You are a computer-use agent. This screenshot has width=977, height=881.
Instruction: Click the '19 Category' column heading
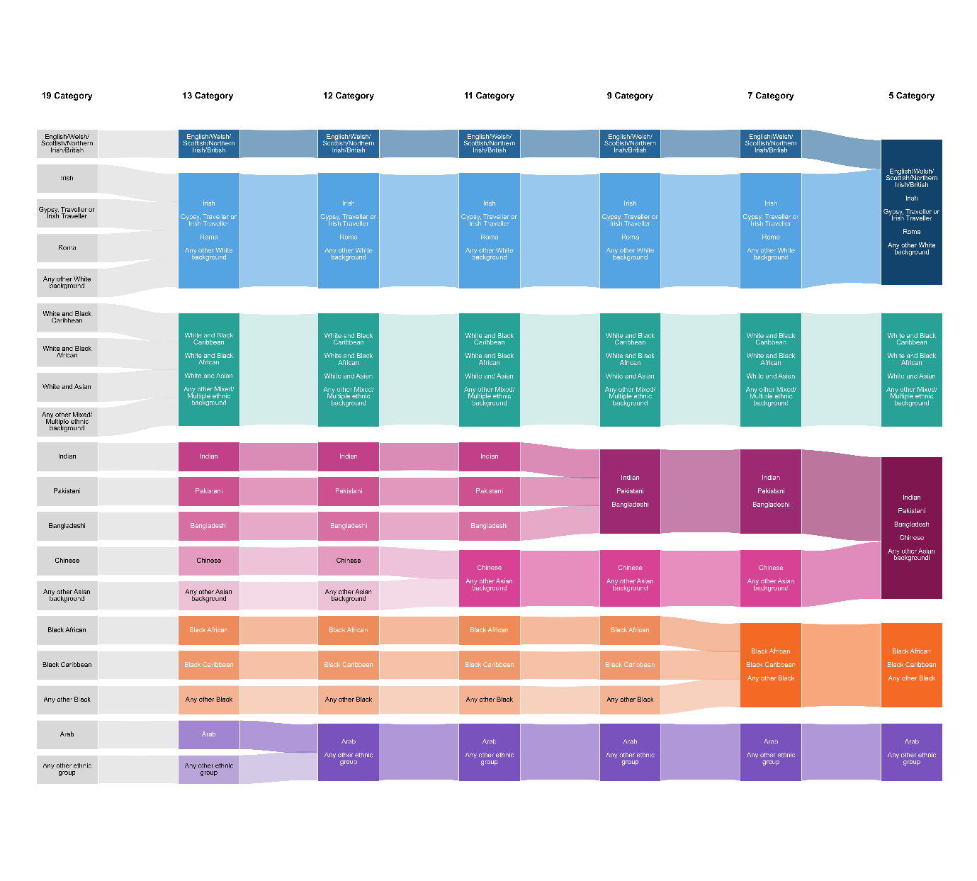click(x=67, y=96)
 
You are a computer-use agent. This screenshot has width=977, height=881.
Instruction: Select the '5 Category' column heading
click(x=911, y=96)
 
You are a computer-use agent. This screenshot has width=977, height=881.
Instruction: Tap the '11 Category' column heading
click(x=489, y=96)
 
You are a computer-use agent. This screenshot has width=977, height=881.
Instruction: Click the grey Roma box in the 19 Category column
click(x=67, y=248)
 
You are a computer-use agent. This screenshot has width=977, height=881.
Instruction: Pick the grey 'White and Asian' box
click(x=67, y=387)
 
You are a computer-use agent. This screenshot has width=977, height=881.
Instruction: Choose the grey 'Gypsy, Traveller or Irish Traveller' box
click(x=67, y=213)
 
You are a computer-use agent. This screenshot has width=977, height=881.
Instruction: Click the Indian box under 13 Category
click(x=208, y=456)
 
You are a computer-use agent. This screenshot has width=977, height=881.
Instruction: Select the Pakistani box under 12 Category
click(x=349, y=491)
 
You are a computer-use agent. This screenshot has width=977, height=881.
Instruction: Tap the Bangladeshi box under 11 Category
click(x=489, y=526)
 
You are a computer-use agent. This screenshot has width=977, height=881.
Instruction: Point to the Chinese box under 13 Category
click(x=208, y=561)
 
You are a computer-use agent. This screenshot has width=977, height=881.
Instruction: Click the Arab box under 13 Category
click(x=208, y=734)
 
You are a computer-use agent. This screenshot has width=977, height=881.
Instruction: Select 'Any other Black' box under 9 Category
click(x=630, y=700)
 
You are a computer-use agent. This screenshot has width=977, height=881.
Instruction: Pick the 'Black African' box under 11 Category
click(x=489, y=630)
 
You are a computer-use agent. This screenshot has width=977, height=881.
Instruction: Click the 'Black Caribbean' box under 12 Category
click(x=349, y=665)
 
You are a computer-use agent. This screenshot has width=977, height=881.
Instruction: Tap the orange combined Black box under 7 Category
click(x=771, y=665)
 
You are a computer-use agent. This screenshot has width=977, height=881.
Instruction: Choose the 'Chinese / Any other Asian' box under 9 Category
click(x=630, y=578)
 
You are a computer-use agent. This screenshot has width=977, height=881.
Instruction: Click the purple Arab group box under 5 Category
click(x=911, y=752)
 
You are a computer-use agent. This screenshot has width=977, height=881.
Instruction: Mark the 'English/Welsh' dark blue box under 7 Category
click(x=771, y=143)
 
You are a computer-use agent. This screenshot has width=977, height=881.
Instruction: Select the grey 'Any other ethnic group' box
click(x=67, y=769)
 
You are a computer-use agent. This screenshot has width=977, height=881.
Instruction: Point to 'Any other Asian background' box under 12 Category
click(x=349, y=595)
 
